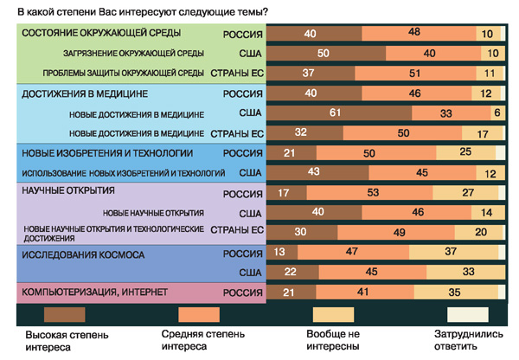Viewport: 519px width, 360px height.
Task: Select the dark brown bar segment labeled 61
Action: pos(334,112)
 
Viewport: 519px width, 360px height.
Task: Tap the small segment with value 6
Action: pos(497,112)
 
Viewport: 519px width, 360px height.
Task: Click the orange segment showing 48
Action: pos(413,33)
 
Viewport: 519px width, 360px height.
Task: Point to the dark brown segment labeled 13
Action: pos(279,252)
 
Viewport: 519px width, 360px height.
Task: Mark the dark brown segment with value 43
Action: pos(313,172)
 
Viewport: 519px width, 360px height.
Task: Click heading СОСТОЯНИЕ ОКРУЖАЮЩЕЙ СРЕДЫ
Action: pos(100,33)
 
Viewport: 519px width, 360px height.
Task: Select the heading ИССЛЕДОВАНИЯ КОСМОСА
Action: pos(82,255)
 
